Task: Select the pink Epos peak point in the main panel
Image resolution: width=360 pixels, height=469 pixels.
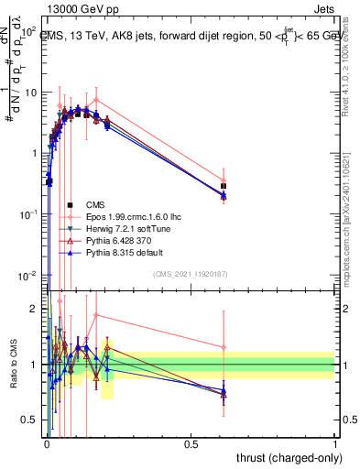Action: click(96, 99)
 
